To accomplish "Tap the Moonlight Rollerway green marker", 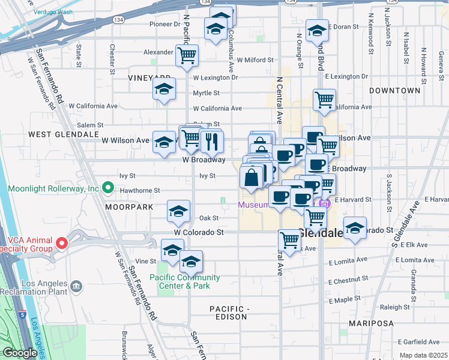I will pyautogui.click(x=108, y=188).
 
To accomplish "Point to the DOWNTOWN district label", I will pyautogui.click(x=394, y=91).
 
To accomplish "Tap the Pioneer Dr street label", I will pyautogui.click(x=164, y=25).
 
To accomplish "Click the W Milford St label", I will pyautogui.click(x=255, y=60).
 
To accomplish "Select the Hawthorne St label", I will pyautogui.click(x=139, y=190).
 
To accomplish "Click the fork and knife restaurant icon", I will pyautogui.click(x=211, y=141).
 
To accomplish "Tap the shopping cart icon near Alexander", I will pyautogui.click(x=187, y=55).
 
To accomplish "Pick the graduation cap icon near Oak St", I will pyautogui.click(x=178, y=211).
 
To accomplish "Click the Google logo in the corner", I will pyautogui.click(x=20, y=353).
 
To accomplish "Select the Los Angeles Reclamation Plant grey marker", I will pyautogui.click(x=76, y=286).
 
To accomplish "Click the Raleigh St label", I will pyautogui.click(x=394, y=307).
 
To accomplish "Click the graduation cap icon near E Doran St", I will pyautogui.click(x=316, y=31).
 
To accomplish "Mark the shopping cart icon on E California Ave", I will pyautogui.click(x=324, y=100).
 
